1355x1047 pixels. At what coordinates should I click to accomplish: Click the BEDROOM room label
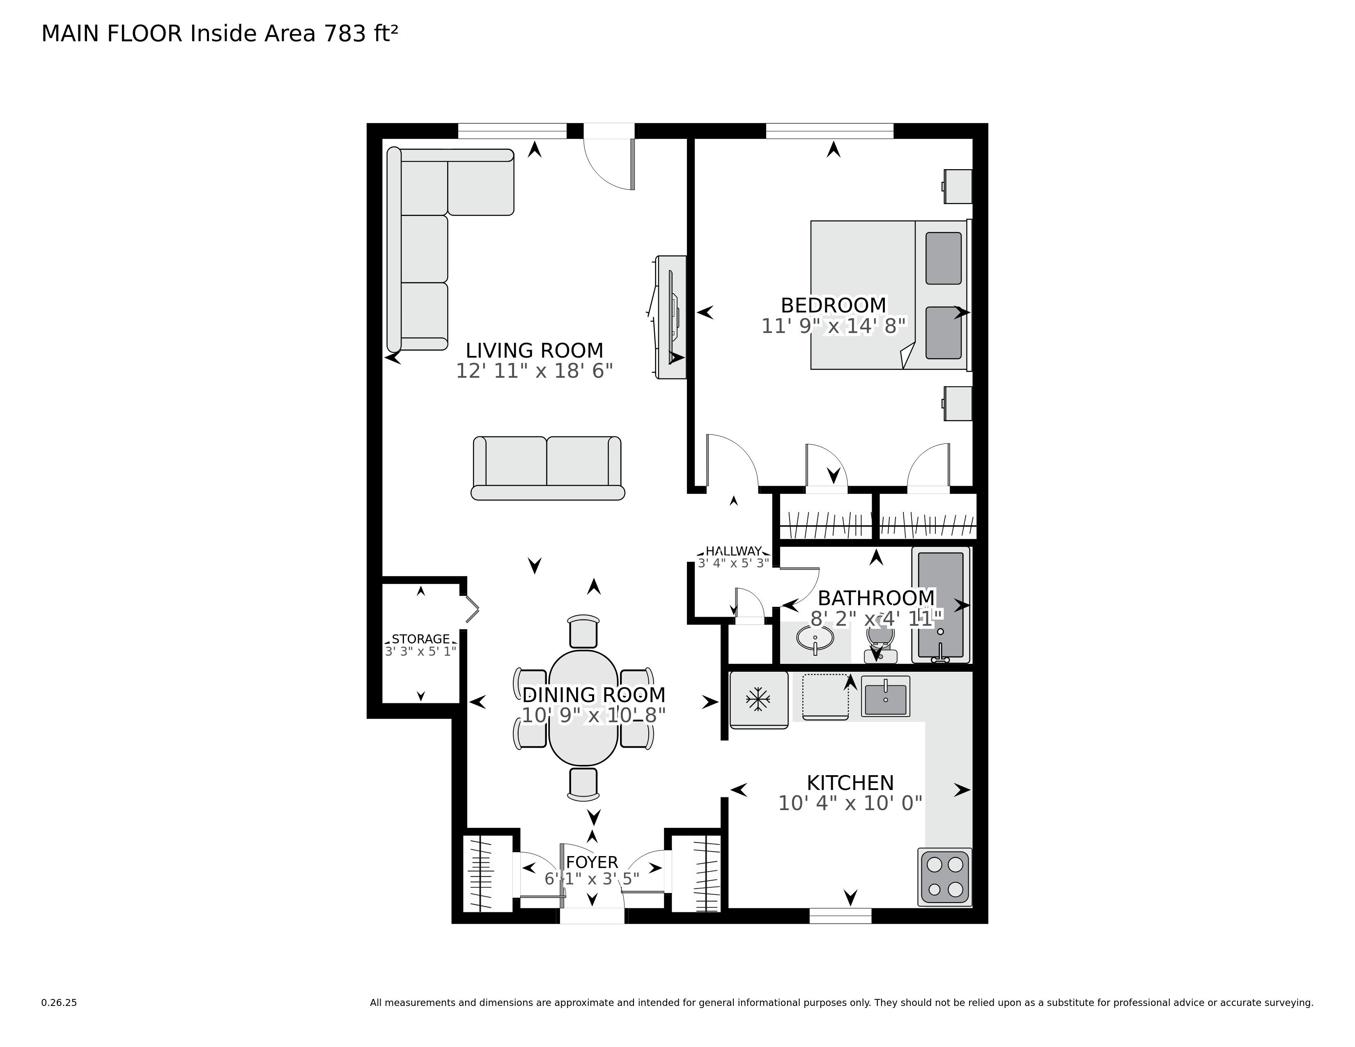coord(833,305)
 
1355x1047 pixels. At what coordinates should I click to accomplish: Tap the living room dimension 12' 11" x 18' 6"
coord(534,371)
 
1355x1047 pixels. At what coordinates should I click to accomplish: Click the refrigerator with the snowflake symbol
coord(758,699)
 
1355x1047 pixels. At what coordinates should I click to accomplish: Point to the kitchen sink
coord(885,696)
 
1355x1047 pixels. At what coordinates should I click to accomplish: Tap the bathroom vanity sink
coord(815,639)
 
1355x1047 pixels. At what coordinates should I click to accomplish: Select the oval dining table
coord(583,707)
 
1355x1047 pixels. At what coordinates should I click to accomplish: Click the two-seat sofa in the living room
coord(547,468)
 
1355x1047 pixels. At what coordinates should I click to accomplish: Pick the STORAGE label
coord(420,639)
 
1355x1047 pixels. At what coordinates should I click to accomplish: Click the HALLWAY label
coord(733,551)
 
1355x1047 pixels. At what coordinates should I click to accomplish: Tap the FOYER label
coord(592,862)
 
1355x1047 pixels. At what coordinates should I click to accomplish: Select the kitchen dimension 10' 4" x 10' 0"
coord(850,803)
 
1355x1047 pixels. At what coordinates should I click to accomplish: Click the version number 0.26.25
coord(59,1002)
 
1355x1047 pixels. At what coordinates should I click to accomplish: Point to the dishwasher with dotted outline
coord(825,696)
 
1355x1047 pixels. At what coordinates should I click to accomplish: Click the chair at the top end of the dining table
coord(583,631)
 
